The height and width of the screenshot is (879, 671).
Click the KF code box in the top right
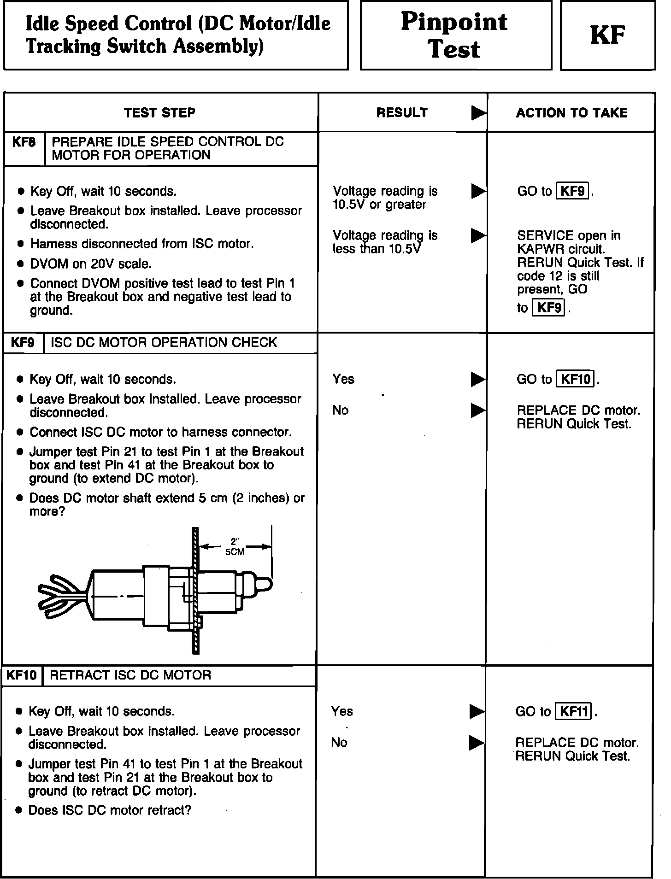[x=607, y=35]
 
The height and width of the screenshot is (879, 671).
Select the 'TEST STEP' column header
[x=159, y=113]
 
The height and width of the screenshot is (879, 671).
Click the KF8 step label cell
[x=24, y=142]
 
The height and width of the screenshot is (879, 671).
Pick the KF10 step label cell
[x=22, y=675]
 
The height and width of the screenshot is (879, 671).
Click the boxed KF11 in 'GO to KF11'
[x=573, y=712]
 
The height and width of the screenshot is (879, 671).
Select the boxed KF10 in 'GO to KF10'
[x=575, y=379]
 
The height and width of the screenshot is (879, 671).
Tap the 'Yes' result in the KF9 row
[x=343, y=379]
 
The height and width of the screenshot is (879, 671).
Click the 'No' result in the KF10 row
[x=339, y=742]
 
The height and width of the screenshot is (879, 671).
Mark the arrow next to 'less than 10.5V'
[x=478, y=236]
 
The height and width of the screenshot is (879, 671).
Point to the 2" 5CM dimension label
[x=235, y=547]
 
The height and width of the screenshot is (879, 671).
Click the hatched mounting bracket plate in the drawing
[x=195, y=590]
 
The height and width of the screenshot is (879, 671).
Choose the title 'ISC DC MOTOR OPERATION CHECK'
[x=164, y=343]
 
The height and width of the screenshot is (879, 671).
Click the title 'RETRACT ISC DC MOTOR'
[x=130, y=675]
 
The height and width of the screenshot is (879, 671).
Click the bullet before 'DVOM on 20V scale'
[x=20, y=264]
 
